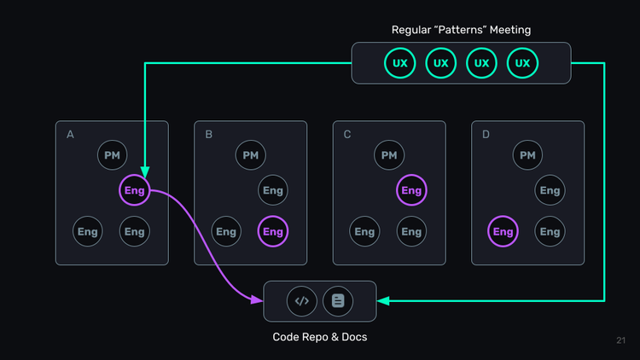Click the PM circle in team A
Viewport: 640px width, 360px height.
pyautogui.click(x=112, y=155)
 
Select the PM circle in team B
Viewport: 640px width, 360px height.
pyautogui.click(x=250, y=155)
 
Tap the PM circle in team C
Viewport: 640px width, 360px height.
pyautogui.click(x=389, y=155)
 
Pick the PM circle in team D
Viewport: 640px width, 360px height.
pyautogui.click(x=527, y=155)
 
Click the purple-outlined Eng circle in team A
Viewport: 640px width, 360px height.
pyautogui.click(x=135, y=190)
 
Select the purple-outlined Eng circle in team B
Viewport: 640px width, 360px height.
pyautogui.click(x=272, y=231)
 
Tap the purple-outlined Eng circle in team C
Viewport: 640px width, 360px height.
pyautogui.click(x=411, y=190)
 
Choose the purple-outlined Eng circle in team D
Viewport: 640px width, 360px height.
pyautogui.click(x=503, y=231)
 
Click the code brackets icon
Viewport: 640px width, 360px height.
pyautogui.click(x=301, y=300)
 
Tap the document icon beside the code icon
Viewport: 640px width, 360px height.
pyautogui.click(x=338, y=300)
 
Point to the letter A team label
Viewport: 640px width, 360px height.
pyautogui.click(x=70, y=135)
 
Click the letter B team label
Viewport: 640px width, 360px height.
pyautogui.click(x=209, y=135)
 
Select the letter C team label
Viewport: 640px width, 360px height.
pyautogui.click(x=347, y=135)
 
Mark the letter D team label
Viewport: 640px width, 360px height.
pyautogui.click(x=486, y=135)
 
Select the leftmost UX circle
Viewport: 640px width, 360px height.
pyautogui.click(x=399, y=63)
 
